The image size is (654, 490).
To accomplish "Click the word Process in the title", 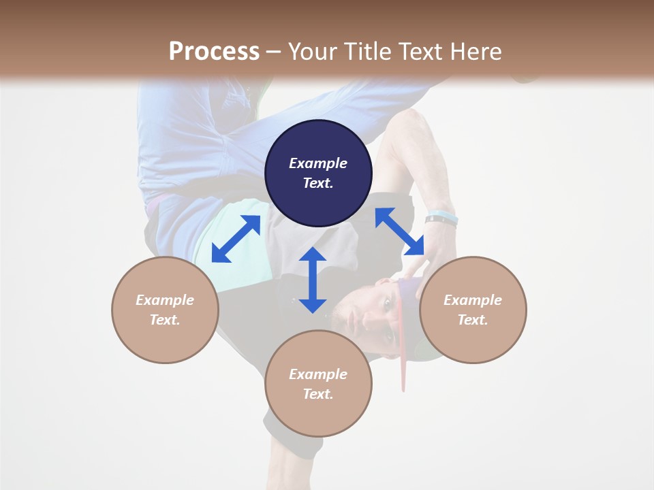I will (214, 52).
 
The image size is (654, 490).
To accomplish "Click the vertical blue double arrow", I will (313, 280).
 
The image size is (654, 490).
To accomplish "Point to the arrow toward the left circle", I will (236, 239).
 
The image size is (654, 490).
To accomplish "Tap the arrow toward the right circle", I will (400, 231).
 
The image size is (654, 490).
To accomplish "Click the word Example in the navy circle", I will (318, 163).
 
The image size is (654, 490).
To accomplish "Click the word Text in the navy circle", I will (318, 183).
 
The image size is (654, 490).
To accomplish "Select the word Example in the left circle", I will (165, 300).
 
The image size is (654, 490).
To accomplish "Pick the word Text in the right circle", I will (473, 320).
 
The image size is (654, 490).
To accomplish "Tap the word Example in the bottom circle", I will (318, 374).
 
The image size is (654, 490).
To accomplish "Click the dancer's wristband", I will (441, 218).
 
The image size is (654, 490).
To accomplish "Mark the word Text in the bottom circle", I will (318, 394).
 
